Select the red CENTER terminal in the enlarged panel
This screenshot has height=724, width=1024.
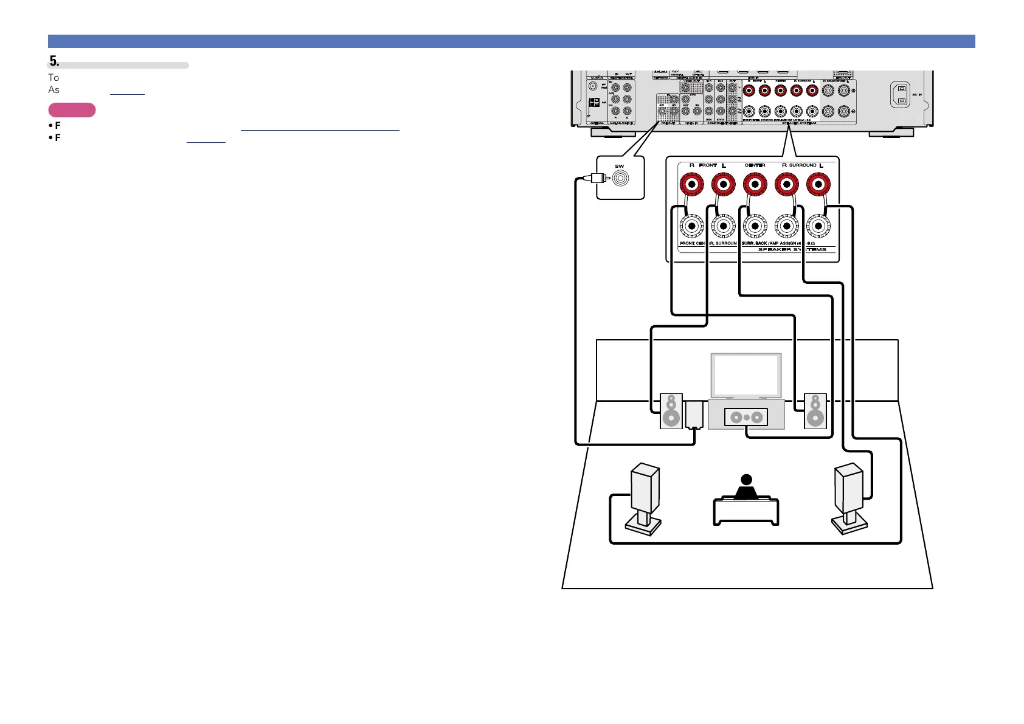point(755,184)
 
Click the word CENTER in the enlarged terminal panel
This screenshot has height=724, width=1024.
point(755,165)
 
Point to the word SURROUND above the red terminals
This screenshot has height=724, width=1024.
point(803,165)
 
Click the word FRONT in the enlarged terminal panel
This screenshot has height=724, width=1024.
point(708,165)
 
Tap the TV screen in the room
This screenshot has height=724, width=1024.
point(746,375)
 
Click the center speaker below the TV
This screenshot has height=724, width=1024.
point(746,417)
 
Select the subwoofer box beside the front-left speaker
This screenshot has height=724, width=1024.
point(694,415)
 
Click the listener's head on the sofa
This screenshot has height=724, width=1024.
point(747,480)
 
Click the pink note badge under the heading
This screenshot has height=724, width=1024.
point(72,110)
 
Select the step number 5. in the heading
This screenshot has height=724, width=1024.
point(54,61)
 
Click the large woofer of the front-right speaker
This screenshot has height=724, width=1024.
point(815,418)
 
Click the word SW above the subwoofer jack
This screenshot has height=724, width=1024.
point(619,166)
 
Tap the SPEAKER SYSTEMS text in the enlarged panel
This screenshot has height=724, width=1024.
point(792,249)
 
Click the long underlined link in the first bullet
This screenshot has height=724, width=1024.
point(320,126)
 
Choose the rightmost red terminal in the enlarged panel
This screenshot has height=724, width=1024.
point(818,184)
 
